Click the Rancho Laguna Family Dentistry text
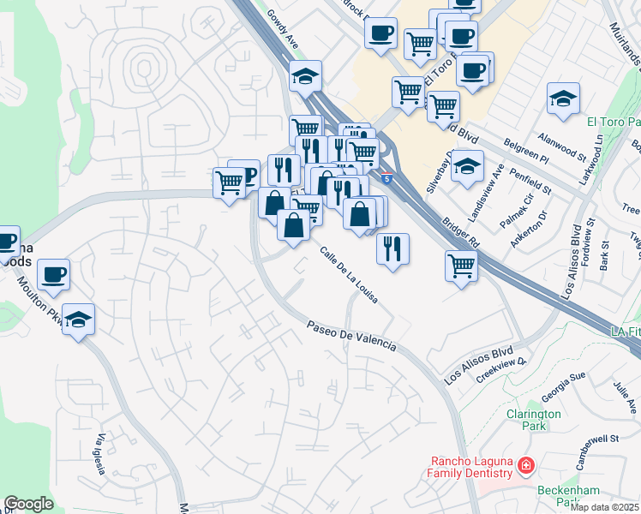point(472,468)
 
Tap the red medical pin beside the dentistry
point(525,467)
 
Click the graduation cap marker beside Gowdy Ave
point(305,75)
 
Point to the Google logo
point(28,504)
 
